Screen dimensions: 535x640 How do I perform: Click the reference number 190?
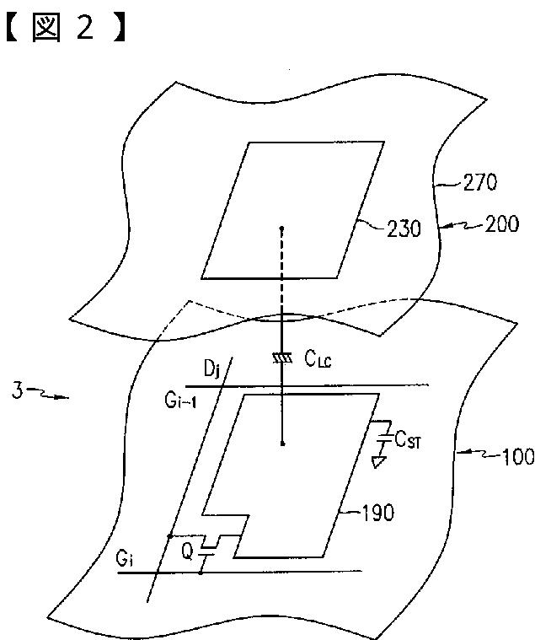pos(376,513)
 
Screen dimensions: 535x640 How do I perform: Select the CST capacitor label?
pos(410,438)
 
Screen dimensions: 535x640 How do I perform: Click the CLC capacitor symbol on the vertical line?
pos(282,358)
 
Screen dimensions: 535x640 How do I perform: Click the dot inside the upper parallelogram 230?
pos(281,228)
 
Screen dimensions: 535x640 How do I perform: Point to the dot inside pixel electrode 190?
pos(282,442)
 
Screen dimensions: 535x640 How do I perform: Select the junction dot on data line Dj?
pos(169,536)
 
